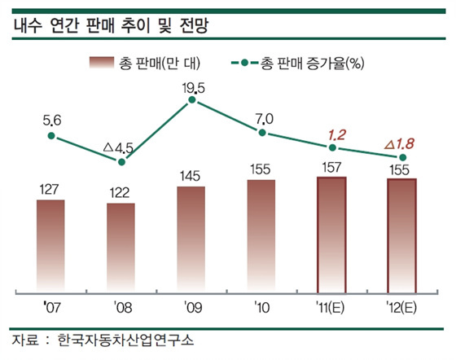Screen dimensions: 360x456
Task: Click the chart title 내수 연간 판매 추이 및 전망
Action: coord(110,24)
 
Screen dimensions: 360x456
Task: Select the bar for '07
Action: coord(51,244)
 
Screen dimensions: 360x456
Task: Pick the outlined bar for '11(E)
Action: coord(331,233)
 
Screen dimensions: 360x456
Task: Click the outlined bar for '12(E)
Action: coord(401,234)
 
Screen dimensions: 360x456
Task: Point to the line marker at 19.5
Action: coord(191,100)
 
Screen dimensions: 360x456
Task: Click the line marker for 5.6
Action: coord(51,136)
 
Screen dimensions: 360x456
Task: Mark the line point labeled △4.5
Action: coord(121,162)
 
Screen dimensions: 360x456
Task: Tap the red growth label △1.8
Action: coord(401,143)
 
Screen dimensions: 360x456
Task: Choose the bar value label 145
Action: coord(191,175)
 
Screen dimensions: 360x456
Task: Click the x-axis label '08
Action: coord(121,309)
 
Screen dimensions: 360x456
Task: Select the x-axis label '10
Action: coord(261,309)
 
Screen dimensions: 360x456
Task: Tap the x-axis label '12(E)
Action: coord(401,309)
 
